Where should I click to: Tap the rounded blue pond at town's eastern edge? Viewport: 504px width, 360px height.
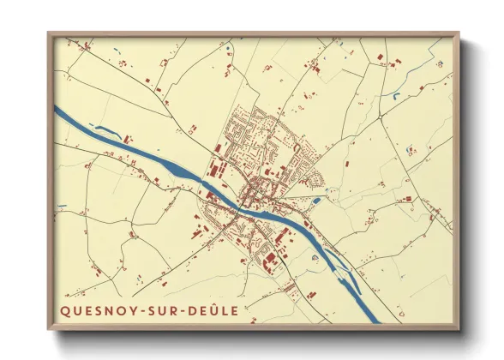pos(317,201)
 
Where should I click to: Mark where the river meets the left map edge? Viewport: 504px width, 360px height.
pos(57,109)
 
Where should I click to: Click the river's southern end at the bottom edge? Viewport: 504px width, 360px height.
pos(374,320)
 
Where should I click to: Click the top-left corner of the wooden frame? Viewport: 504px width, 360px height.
pos(49,33)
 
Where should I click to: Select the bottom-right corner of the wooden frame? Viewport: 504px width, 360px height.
pos(459,332)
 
